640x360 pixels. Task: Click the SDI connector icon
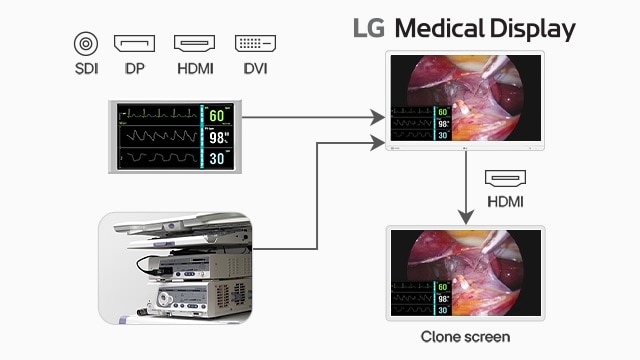coord(85,44)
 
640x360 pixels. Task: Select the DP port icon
coord(134,44)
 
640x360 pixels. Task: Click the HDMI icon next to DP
coord(194,44)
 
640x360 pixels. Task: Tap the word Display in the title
coord(534,28)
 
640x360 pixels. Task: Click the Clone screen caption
coord(465,337)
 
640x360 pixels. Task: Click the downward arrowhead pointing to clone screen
coord(465,215)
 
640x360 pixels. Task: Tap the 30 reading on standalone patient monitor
coord(218,157)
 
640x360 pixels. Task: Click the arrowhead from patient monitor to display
coord(377,117)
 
